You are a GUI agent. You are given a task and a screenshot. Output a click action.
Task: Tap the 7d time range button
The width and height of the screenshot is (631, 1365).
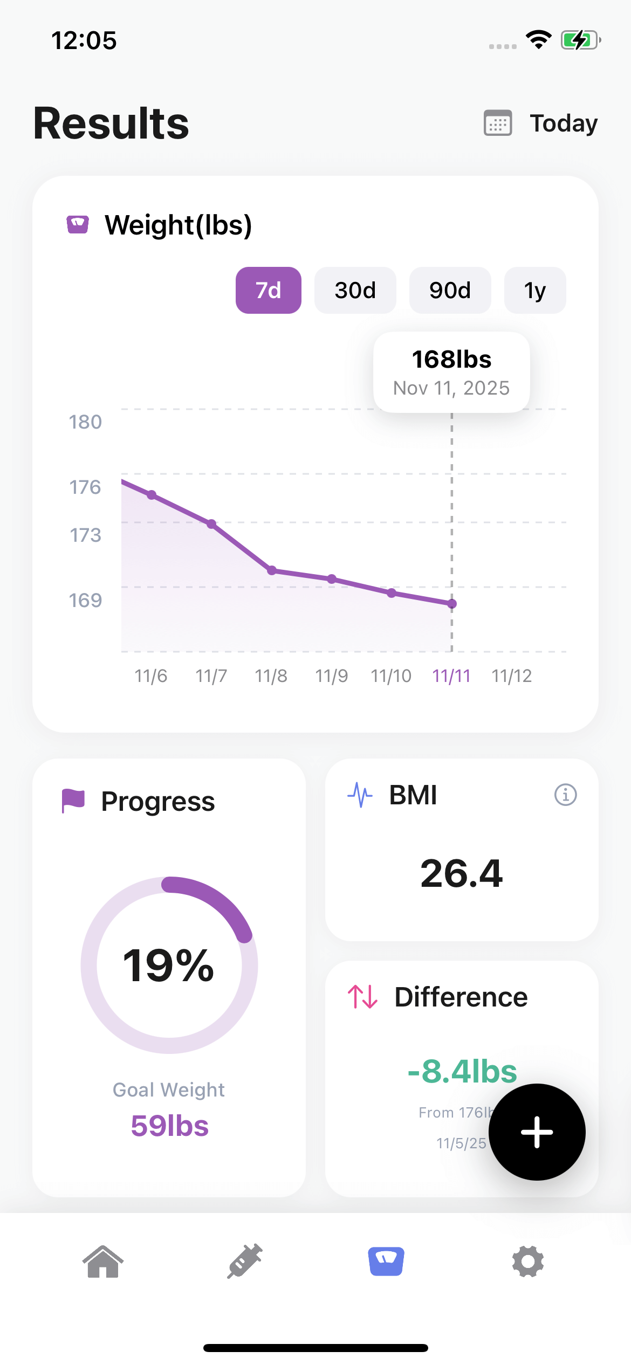[268, 290]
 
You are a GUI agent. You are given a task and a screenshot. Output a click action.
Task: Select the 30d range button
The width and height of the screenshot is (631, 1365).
[355, 290]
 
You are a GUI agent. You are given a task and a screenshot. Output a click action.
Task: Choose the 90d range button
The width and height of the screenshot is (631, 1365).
[450, 290]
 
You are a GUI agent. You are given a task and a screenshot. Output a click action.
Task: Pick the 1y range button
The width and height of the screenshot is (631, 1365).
[535, 290]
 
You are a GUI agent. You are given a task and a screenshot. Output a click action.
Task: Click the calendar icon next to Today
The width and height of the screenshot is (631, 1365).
[498, 123]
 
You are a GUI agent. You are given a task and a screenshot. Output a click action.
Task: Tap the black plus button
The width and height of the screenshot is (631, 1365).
[537, 1132]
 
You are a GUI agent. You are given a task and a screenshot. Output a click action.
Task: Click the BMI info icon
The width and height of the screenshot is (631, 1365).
[565, 795]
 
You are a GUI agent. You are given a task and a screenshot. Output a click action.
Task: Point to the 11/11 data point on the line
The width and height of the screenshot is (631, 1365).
[452, 604]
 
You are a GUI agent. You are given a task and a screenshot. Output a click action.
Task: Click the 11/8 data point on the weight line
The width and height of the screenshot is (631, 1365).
[272, 570]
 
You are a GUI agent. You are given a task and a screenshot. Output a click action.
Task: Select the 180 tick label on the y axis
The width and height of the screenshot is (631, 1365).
[85, 422]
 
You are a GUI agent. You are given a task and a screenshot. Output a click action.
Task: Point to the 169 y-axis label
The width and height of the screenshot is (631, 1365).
[85, 600]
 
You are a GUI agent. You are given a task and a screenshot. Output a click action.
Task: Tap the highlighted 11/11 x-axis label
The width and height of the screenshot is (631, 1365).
[451, 675]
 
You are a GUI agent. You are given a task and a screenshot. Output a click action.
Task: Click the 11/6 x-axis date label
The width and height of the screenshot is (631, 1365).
[151, 675]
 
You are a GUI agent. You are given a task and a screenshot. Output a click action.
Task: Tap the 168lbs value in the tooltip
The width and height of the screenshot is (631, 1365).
[451, 359]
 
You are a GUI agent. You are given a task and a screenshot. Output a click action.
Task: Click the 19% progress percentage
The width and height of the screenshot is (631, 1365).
[169, 965]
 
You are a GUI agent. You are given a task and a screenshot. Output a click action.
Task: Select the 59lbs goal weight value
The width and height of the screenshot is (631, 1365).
[169, 1126]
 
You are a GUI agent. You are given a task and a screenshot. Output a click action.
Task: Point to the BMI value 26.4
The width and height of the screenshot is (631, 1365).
[462, 873]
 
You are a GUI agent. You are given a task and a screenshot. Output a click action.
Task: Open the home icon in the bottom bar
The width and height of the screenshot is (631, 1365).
[103, 1261]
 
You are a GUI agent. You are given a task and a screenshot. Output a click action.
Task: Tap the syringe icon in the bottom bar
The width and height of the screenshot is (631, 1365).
[245, 1261]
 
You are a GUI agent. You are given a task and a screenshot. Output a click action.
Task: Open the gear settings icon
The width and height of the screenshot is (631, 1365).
[527, 1261]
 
